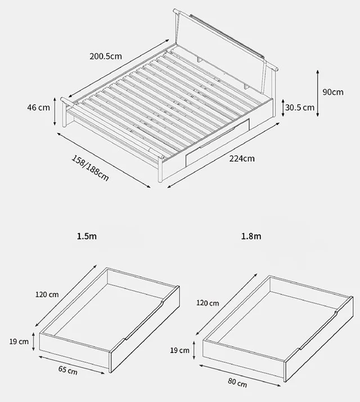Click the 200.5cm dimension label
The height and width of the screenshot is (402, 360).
(106, 56)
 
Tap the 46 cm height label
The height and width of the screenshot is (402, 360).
(38, 108)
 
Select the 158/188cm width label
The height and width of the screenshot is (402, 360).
(90, 168)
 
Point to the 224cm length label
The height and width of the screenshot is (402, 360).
(242, 159)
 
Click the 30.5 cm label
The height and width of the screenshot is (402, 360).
(299, 108)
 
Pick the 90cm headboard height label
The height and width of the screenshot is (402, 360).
(333, 92)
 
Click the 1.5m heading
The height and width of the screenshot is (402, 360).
(87, 236)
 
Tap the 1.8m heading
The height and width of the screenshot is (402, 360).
(251, 236)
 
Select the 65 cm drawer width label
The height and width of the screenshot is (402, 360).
(68, 370)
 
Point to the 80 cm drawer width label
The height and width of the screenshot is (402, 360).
(237, 382)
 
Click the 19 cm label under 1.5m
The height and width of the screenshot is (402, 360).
(19, 342)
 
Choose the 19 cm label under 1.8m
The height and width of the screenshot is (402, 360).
(179, 350)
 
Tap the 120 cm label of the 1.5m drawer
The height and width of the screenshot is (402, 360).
(47, 294)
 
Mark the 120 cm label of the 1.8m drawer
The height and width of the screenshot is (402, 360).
(208, 303)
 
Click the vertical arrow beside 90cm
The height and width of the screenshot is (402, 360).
(317, 93)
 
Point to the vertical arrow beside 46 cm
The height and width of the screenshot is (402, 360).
(55, 111)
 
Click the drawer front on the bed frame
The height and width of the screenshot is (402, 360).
(218, 143)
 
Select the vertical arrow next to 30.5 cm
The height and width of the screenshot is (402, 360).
(283, 108)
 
